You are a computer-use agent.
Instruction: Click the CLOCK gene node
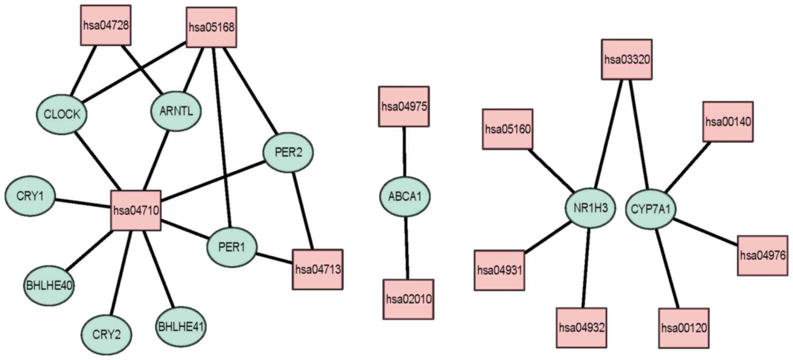point(62,115)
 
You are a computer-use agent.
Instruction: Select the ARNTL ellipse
point(176,111)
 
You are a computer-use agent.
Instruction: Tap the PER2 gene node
point(288,152)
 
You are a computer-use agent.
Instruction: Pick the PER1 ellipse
point(231,247)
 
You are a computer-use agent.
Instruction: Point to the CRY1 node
point(30,196)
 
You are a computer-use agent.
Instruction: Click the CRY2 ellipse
point(106,335)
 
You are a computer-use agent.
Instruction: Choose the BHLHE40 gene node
point(49,286)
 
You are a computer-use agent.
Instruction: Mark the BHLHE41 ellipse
point(181,326)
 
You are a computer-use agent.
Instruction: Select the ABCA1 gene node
point(405,197)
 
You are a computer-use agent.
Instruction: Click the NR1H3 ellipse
point(590,208)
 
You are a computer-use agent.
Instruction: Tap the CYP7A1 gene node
point(651,209)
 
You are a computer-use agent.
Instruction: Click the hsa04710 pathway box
point(136,211)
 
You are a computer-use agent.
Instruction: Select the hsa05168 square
point(212,27)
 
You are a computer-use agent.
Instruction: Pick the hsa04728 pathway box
point(106,25)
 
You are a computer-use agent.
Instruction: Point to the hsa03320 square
point(627,59)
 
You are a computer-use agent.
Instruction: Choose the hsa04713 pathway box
point(318,270)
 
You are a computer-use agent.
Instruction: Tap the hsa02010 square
point(409,299)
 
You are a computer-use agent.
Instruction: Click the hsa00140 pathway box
point(728,122)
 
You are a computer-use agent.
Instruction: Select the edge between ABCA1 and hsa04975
point(404,152)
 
